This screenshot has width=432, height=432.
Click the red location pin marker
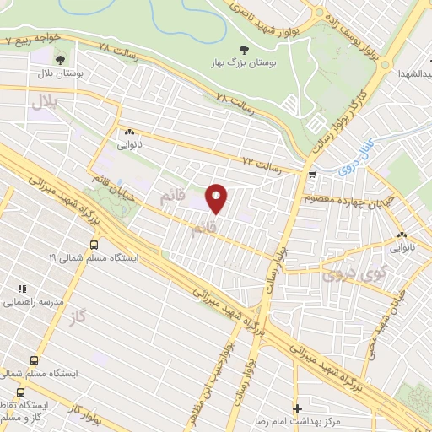(x=216, y=199)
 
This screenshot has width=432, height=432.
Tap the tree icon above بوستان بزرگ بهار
(x=245, y=50)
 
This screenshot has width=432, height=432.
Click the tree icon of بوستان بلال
(x=61, y=58)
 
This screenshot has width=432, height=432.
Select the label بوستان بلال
(x=62, y=75)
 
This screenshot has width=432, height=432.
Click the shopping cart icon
(x=312, y=175)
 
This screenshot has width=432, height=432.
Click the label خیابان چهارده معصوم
(x=348, y=200)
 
